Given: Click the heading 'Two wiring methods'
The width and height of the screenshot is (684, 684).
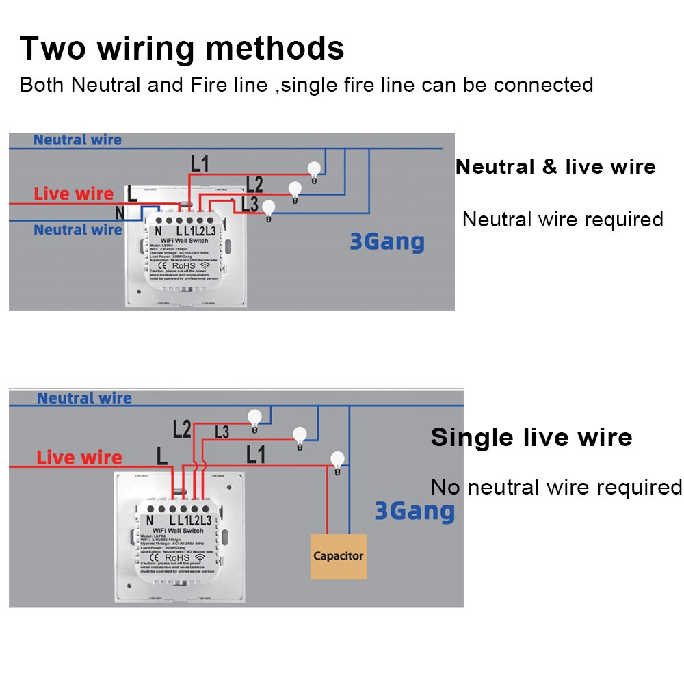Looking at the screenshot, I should click(x=182, y=49).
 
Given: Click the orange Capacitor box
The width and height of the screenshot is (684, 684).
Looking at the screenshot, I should click(x=339, y=556).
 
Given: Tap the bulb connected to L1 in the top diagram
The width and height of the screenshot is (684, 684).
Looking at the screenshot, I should click(x=314, y=170).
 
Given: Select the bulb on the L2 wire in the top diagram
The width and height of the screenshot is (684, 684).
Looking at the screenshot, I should click(x=295, y=190).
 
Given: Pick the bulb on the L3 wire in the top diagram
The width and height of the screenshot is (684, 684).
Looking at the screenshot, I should click(x=269, y=209).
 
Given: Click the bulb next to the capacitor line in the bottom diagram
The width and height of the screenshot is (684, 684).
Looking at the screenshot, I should click(x=337, y=461).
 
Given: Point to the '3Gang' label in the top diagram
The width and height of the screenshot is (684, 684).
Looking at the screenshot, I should click(x=387, y=241).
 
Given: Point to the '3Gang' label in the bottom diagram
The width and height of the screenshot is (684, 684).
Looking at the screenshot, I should click(x=415, y=511).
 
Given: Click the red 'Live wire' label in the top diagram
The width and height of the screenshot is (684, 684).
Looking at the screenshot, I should click(x=75, y=194).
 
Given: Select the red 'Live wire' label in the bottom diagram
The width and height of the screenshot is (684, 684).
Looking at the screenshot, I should click(x=79, y=458).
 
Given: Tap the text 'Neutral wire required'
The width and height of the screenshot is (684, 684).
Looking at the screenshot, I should click(x=562, y=220).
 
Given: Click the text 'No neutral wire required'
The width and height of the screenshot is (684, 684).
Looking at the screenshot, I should click(x=556, y=487).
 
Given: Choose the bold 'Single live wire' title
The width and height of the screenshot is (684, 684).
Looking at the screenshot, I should click(x=531, y=438).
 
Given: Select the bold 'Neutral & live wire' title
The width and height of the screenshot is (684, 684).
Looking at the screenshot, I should click(x=555, y=167).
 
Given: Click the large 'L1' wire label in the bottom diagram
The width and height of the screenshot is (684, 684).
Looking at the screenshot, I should click(x=255, y=453).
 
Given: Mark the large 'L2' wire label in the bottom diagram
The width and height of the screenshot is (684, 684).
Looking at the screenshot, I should click(x=182, y=430).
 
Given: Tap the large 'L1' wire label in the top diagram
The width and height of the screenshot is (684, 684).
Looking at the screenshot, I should click(x=200, y=164).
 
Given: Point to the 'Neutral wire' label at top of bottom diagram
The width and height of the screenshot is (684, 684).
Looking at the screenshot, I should click(x=84, y=398).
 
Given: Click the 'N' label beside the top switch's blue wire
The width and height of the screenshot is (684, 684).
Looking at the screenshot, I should click(x=120, y=213).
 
